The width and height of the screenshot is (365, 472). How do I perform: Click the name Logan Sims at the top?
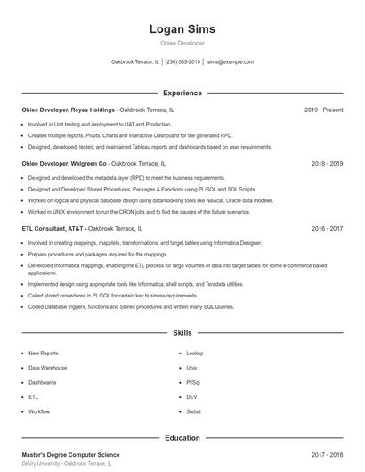click(x=182, y=29)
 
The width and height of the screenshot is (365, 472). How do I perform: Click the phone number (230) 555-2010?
click(x=182, y=62)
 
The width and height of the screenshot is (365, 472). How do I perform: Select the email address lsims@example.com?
click(x=230, y=62)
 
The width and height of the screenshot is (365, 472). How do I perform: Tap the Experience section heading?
click(x=182, y=93)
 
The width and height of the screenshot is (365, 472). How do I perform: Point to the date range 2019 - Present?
click(x=323, y=110)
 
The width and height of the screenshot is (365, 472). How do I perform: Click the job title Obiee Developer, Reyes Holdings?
click(x=69, y=110)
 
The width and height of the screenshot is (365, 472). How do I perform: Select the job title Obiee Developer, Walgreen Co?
click(x=64, y=164)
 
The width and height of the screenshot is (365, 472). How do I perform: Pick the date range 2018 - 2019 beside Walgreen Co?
click(x=327, y=164)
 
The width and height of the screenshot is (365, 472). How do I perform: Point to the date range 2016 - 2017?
click(x=327, y=229)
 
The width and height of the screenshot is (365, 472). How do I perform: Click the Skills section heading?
click(x=182, y=333)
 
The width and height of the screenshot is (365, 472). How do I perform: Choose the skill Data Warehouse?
click(x=47, y=368)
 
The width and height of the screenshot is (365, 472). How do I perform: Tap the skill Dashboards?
click(x=43, y=382)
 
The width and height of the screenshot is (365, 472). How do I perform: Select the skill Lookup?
click(x=195, y=354)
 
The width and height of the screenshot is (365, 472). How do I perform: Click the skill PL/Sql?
click(x=193, y=382)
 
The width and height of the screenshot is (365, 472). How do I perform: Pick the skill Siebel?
click(x=193, y=411)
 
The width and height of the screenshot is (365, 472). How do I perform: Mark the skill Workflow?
click(x=39, y=411)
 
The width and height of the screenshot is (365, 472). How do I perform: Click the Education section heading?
click(x=182, y=438)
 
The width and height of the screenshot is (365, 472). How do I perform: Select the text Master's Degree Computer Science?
click(x=70, y=455)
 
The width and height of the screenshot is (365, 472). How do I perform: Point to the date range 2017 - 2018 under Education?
click(x=327, y=455)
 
